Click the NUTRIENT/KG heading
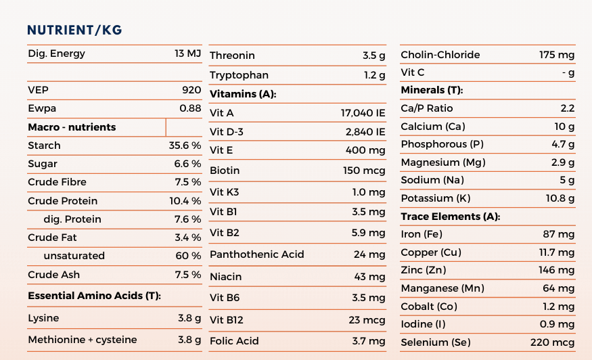74,30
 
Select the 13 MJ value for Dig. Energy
187,53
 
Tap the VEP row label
38,90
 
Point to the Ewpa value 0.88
190,108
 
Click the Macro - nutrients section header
72,127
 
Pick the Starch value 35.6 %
185,145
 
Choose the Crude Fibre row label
57,182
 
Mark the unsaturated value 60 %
188,256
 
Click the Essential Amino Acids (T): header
95,296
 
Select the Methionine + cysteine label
83,340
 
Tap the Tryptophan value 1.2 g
375,75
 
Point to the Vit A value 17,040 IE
363,113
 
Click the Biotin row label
225,171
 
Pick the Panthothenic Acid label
256,254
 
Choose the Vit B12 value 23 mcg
367,320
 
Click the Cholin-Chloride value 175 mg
557,55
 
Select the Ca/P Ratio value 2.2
568,108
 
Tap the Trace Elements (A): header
451,217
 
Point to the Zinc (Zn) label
424,270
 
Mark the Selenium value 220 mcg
552,342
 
